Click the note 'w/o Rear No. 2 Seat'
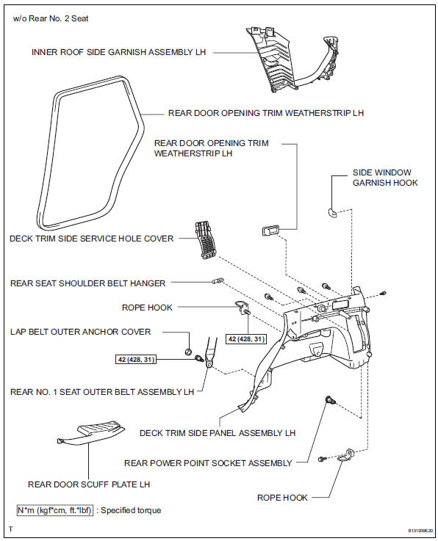(51, 18)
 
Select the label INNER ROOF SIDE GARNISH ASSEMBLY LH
(119, 52)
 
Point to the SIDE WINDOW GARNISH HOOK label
(385, 178)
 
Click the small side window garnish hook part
(332, 213)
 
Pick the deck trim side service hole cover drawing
(206, 239)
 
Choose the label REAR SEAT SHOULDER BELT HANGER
(87, 283)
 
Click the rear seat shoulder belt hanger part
(218, 281)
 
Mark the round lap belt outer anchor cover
(189, 352)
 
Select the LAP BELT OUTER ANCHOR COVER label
(81, 332)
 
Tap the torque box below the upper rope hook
(247, 339)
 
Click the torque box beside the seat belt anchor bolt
(136, 360)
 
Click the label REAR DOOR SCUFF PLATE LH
(89, 484)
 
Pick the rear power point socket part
(331, 401)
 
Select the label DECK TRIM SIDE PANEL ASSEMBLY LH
(218, 433)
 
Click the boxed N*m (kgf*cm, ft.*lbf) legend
(55, 510)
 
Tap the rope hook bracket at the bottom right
(345, 456)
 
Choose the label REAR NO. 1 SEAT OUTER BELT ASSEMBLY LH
(102, 392)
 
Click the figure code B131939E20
(420, 530)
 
